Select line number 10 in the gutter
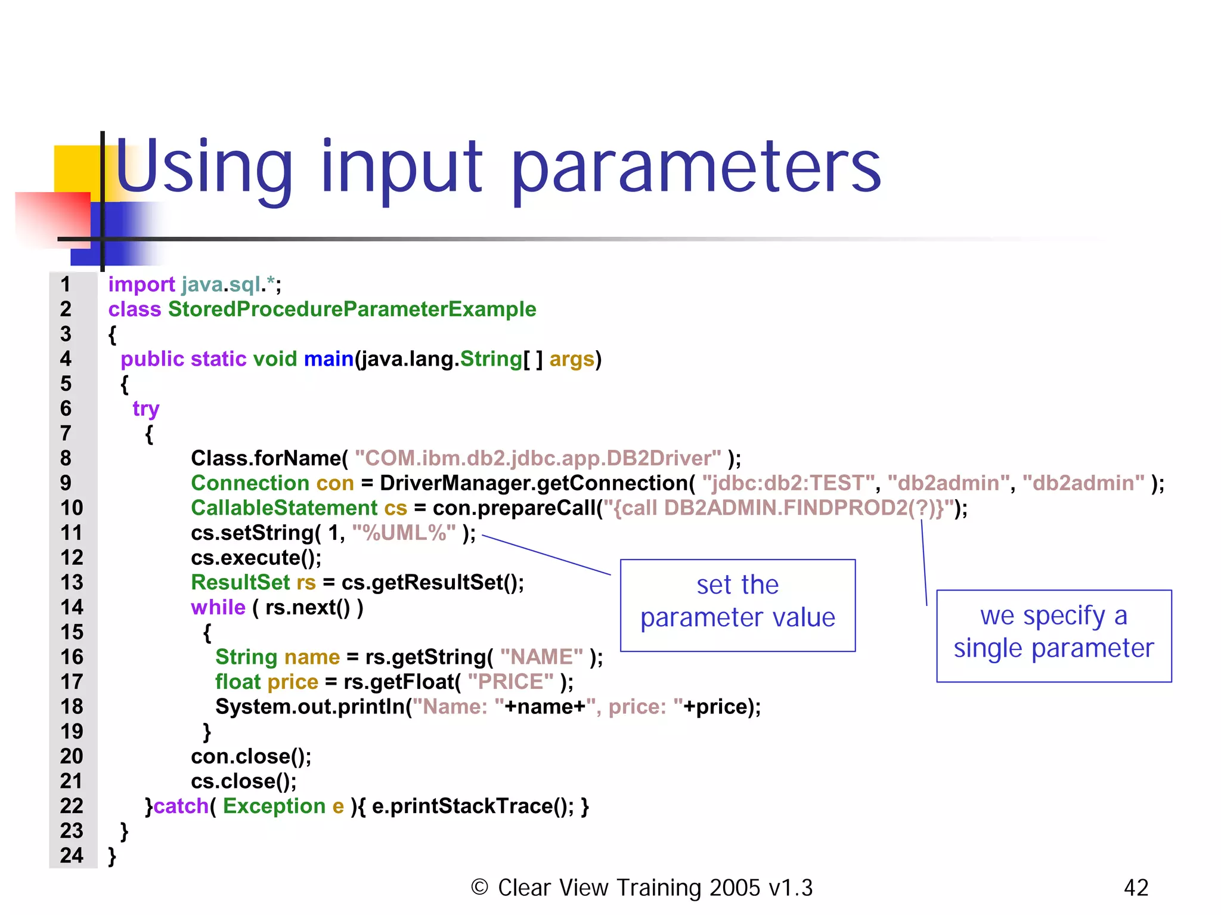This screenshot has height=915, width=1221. click(x=72, y=508)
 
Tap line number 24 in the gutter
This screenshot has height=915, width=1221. click(x=72, y=856)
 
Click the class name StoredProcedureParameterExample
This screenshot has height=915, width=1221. click(x=352, y=310)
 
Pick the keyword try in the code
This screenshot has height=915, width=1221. click(x=146, y=409)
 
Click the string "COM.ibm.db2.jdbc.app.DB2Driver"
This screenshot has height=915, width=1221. click(x=538, y=459)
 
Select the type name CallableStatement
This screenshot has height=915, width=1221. click(x=284, y=508)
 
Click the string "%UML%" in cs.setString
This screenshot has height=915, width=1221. click(x=404, y=533)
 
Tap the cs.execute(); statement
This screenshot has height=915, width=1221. click(x=256, y=558)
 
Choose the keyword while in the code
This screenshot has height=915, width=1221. click(x=218, y=608)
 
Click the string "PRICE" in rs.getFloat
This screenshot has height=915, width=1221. click(x=510, y=682)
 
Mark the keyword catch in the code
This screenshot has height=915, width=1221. click(x=181, y=806)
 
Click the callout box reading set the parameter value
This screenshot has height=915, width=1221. click(x=737, y=605)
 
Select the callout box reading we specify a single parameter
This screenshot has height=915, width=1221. click(x=1053, y=636)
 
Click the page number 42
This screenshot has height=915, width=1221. click(x=1136, y=888)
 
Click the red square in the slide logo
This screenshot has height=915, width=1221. click(x=54, y=218)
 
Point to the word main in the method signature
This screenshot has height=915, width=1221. click(x=329, y=359)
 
